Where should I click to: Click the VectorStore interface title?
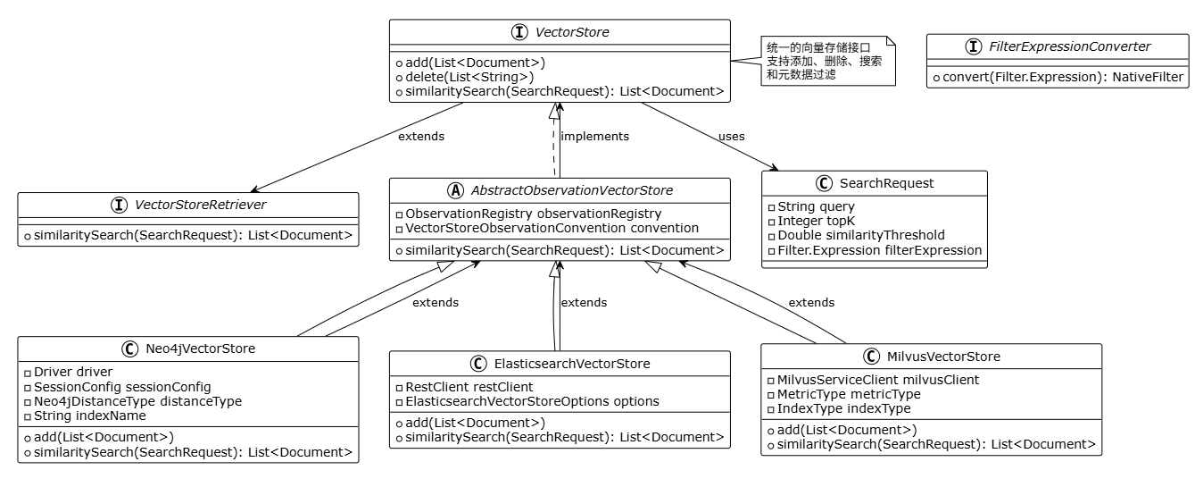[x=573, y=32]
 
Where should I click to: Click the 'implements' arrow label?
[x=594, y=137]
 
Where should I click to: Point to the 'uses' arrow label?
[x=731, y=137]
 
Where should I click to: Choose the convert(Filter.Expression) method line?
[x=1058, y=78]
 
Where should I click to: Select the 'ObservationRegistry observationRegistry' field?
[x=527, y=214]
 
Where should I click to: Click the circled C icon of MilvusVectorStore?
[x=872, y=357]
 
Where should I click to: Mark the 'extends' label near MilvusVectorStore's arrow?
[x=811, y=303]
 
